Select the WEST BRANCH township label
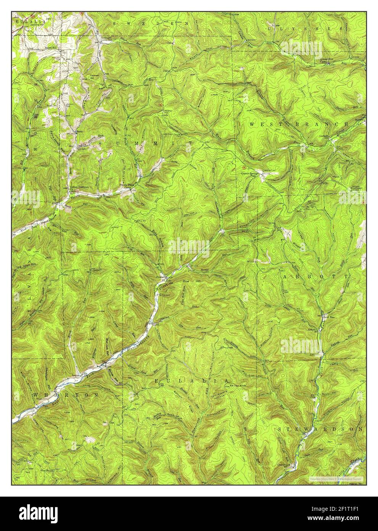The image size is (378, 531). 299,125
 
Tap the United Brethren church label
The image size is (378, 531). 79,187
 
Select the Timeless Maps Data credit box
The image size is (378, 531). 336,479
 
